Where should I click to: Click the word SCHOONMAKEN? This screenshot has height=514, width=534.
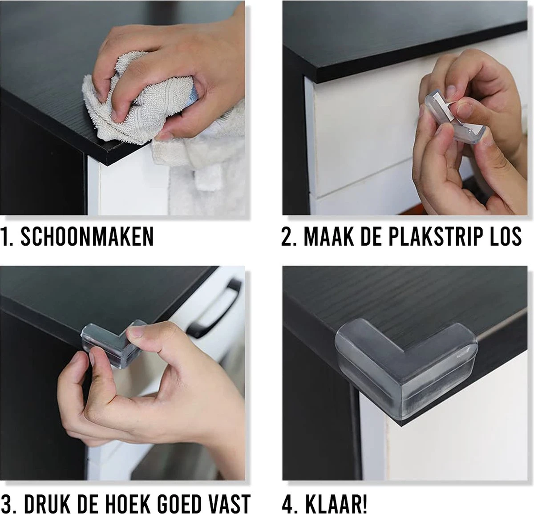(87, 236)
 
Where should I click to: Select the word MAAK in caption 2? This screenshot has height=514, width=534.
(329, 236)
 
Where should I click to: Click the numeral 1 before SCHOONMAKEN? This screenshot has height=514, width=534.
(4, 236)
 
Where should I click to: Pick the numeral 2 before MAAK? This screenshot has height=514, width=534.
(287, 236)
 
